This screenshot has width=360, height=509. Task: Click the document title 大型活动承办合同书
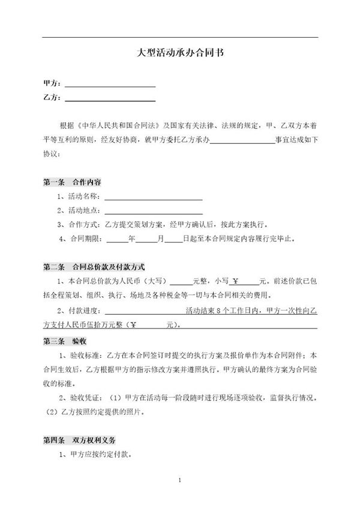coord(180,53)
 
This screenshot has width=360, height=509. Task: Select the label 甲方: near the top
coord(52,84)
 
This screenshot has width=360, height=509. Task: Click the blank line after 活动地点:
coord(154,212)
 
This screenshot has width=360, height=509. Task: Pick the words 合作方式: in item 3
coord(86,225)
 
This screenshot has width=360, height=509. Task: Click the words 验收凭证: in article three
coord(89,398)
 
